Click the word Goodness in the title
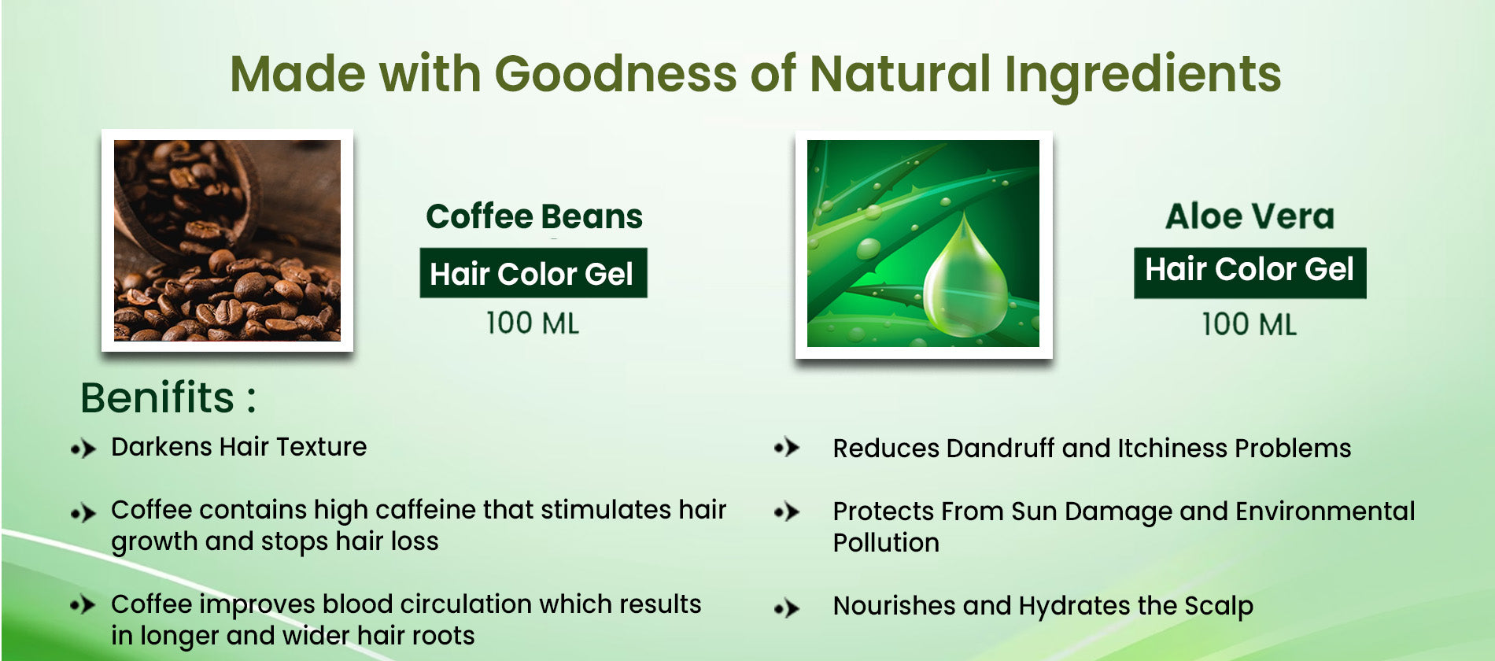615,73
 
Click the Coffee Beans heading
534,216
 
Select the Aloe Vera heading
1250,216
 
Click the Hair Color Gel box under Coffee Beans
533,273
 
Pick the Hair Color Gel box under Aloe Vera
1250,272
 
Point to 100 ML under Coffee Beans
533,323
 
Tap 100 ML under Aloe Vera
1250,324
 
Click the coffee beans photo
227,240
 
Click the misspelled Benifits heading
168,397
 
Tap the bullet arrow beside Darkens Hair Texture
83,449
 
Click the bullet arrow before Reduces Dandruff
787,448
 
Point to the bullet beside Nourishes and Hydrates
787,608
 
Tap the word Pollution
886,543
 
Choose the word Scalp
1218,607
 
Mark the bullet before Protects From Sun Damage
787,512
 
